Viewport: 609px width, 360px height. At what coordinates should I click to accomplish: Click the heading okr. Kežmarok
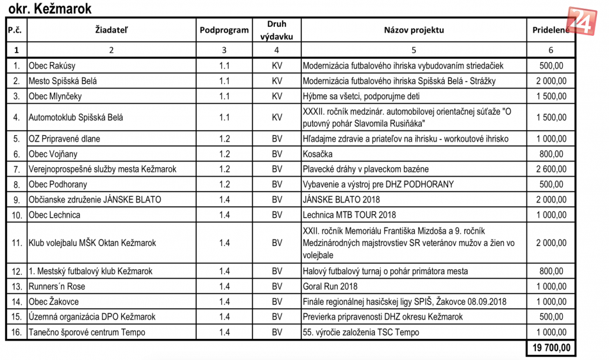click(49, 8)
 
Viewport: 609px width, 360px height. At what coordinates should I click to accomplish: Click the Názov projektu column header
click(413, 30)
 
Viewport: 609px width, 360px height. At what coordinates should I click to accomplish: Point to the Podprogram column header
click(224, 30)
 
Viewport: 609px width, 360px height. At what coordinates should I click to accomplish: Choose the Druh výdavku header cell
click(276, 30)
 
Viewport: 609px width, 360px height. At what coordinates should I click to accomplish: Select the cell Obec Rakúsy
click(52, 66)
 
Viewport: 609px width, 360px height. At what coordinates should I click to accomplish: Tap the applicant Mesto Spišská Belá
click(63, 81)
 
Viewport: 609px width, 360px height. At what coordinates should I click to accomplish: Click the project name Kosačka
click(319, 154)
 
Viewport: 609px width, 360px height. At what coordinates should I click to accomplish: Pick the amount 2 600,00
click(551, 169)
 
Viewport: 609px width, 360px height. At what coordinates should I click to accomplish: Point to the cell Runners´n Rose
click(57, 286)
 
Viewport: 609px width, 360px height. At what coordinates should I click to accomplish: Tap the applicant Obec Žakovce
click(54, 302)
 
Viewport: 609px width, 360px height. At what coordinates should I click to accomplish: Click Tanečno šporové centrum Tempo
click(87, 332)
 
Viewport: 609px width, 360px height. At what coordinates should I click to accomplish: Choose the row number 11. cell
click(16, 243)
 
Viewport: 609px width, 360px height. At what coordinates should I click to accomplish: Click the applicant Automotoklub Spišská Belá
click(76, 118)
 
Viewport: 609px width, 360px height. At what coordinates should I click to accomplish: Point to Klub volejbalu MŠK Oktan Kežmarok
click(92, 243)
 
